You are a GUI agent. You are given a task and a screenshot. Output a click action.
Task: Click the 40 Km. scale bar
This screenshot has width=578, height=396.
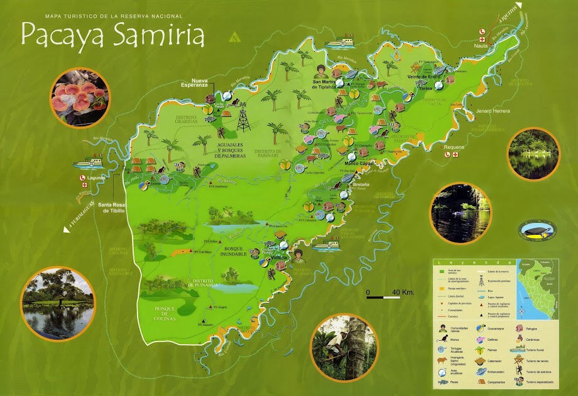pyautogui.click(x=387, y=293)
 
